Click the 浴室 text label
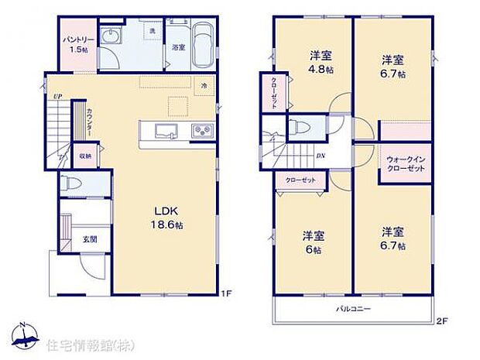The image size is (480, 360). coord(177,47)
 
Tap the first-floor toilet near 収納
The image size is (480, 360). coord(72,185)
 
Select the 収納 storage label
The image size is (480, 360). coord(84,156)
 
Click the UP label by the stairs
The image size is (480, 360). coord(57,96)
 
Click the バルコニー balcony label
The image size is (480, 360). coord(353,309)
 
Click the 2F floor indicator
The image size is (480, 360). coord(441,321)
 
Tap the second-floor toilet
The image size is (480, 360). coord(302,129)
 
